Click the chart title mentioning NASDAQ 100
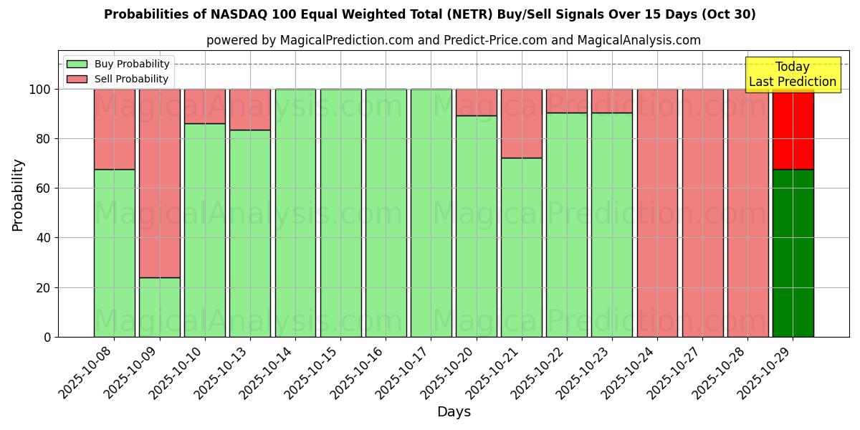point(429,14)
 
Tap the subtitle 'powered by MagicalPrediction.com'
point(453,40)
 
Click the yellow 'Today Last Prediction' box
point(792,75)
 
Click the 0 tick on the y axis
point(47,337)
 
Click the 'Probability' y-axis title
point(18,195)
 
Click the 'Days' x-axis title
point(454,411)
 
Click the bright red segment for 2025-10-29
point(793,129)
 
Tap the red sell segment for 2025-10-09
point(160,183)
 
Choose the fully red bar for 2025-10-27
point(702,213)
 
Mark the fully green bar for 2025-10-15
point(340,213)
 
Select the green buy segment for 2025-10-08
point(115,253)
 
